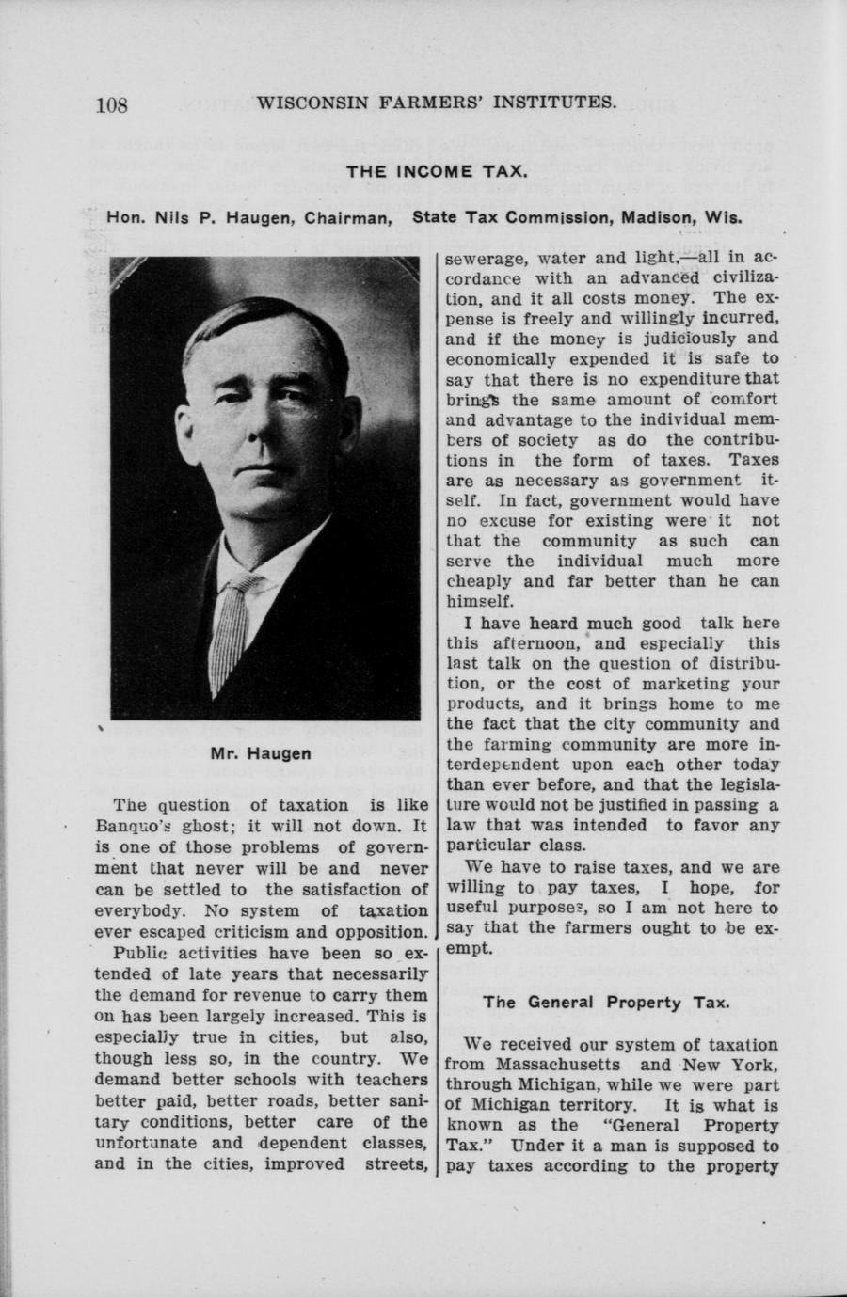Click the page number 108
pyautogui.click(x=111, y=104)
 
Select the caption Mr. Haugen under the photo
pyautogui.click(x=261, y=753)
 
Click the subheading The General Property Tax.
pyautogui.click(x=607, y=1003)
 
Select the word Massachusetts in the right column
pyautogui.click(x=533, y=1065)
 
